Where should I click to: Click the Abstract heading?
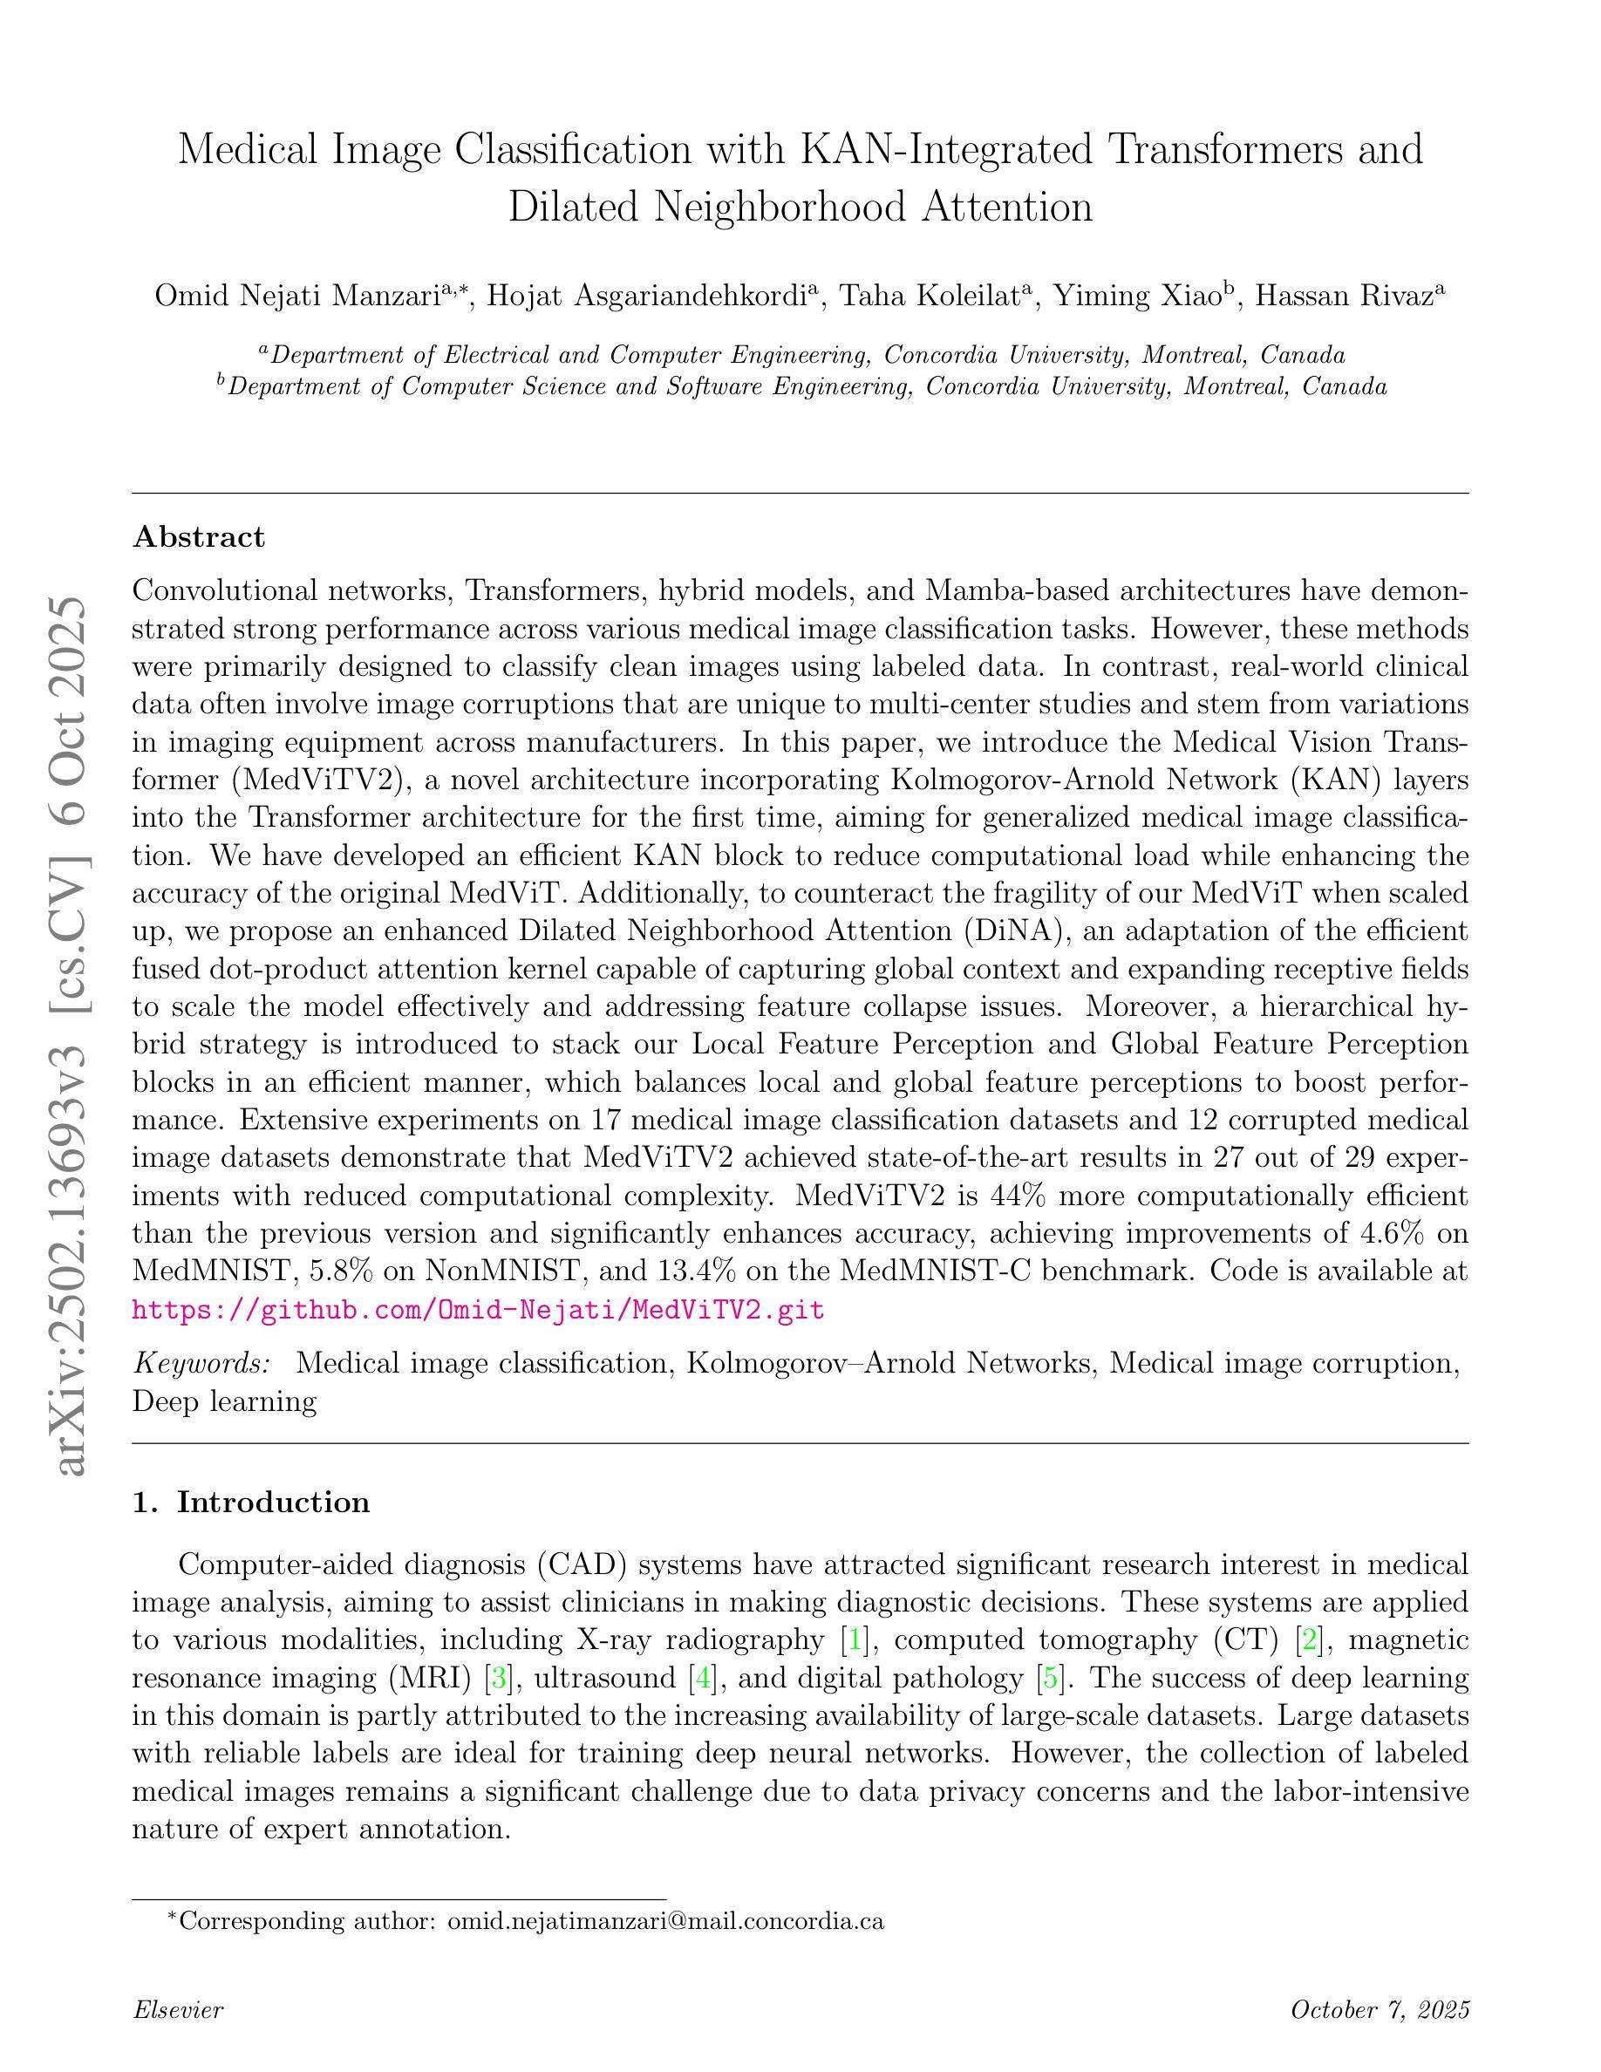(198, 537)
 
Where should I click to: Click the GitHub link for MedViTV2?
(477, 1310)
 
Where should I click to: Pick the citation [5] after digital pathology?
(1051, 1677)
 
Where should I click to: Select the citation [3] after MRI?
(498, 1677)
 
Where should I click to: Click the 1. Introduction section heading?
(250, 1503)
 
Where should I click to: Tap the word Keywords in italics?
(202, 1363)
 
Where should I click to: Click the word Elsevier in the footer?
(177, 2009)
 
